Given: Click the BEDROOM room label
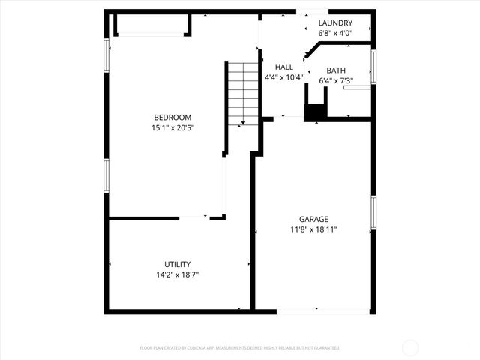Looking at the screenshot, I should (x=172, y=117).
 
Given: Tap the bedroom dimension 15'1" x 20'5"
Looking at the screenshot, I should (x=172, y=127).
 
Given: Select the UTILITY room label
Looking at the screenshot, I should (x=177, y=264).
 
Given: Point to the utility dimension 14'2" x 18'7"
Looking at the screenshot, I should (x=177, y=274).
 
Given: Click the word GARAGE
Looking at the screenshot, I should (x=313, y=219).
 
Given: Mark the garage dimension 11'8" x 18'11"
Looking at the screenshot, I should (x=313, y=229).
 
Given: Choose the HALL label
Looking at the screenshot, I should (x=283, y=67).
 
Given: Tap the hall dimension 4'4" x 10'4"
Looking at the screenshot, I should (x=283, y=77).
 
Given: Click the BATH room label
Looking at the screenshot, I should (x=335, y=70).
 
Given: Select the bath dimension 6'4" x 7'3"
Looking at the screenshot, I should (x=335, y=80).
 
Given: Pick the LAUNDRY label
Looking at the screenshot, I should (x=334, y=23).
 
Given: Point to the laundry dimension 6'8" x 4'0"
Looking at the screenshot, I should (x=334, y=34).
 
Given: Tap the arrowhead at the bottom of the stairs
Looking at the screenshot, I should (x=243, y=121).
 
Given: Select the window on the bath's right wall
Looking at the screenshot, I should (x=373, y=66).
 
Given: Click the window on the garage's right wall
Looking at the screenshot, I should (x=373, y=214).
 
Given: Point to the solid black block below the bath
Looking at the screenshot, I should (x=315, y=112).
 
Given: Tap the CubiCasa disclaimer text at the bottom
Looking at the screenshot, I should (x=240, y=348).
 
